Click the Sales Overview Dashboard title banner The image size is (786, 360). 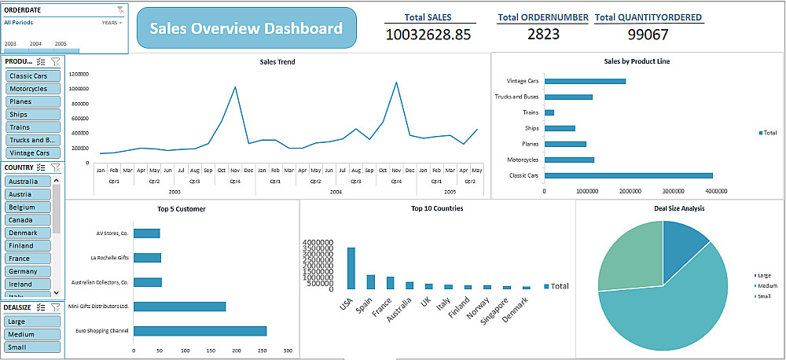[246, 29]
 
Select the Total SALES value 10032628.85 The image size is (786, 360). [428, 34]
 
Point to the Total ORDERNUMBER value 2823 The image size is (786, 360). [543, 34]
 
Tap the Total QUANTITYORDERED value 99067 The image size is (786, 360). [648, 34]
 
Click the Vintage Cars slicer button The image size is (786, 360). [32, 153]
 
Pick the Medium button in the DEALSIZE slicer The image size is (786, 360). [32, 334]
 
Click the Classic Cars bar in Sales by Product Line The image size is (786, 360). [628, 175]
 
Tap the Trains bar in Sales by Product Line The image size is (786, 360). [549, 112]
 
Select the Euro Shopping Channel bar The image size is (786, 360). [200, 331]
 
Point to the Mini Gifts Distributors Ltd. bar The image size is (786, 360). [179, 307]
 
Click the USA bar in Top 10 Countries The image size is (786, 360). [351, 270]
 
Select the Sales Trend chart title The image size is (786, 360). [277, 61]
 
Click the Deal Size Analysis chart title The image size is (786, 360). [679, 208]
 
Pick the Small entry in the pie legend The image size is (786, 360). [763, 296]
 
